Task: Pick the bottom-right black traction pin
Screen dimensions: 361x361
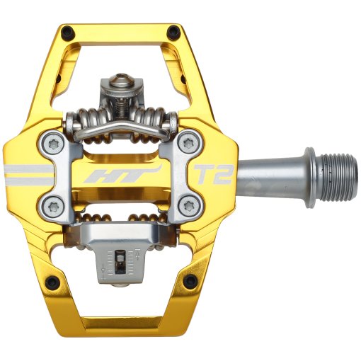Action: [x=190, y=282]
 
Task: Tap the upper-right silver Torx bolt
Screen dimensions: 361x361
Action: [x=188, y=144]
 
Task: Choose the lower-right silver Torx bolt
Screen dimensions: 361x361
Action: [x=188, y=206]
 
